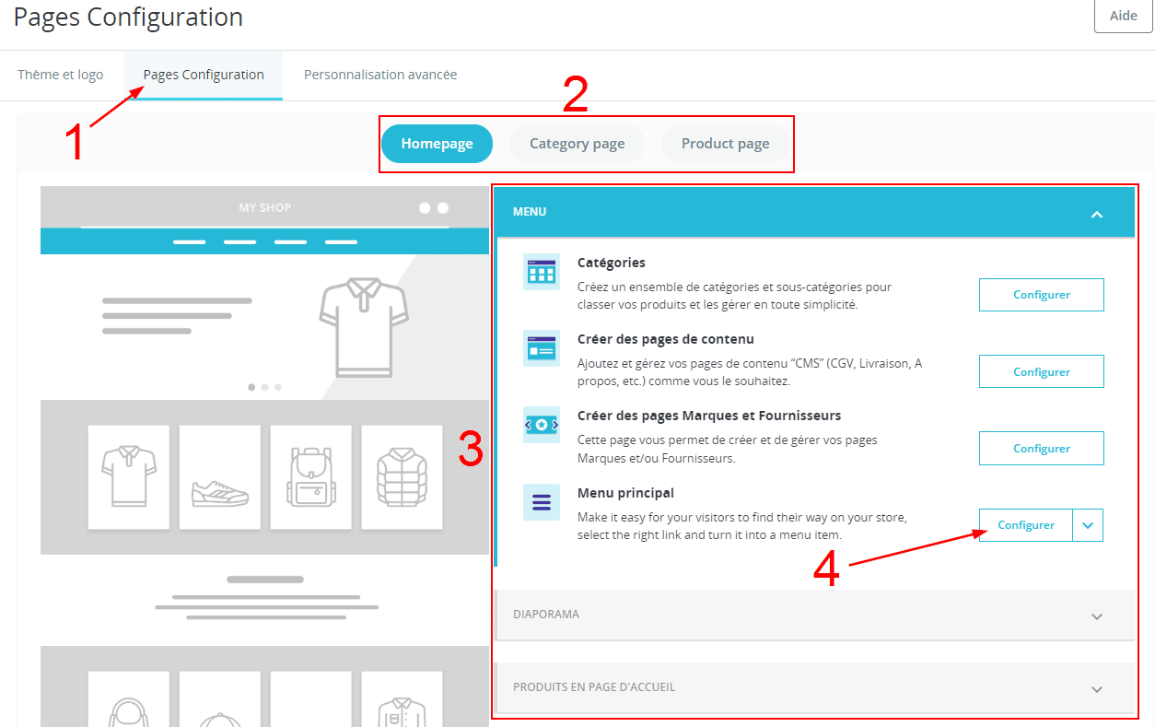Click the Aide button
point(1123,16)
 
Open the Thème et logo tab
point(60,75)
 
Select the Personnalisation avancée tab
point(380,75)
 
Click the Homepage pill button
point(437,144)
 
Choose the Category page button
point(577,144)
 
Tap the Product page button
point(725,144)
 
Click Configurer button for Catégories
point(1041,295)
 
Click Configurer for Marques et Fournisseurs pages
point(1041,449)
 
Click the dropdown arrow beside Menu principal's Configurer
point(1088,525)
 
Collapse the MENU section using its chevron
point(1097,215)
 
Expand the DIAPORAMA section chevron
point(1097,616)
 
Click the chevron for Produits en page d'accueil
point(1097,689)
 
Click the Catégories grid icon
point(542,272)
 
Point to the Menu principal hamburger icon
point(542,502)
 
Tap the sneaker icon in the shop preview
point(220,493)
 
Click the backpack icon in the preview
point(311,477)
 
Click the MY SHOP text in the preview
point(265,208)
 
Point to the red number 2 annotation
point(575,93)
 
